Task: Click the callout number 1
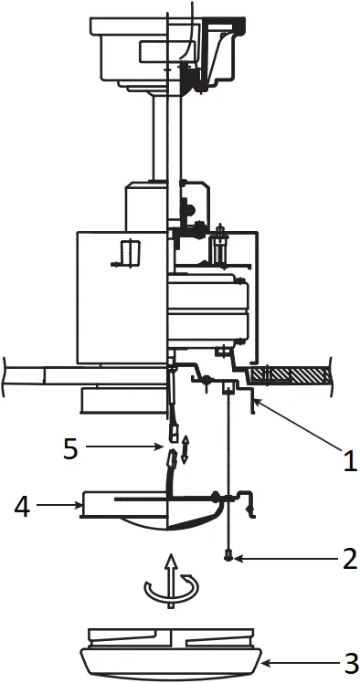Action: (348, 460)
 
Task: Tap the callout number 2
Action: (348, 559)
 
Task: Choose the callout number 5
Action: (71, 447)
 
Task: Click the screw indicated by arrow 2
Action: (227, 554)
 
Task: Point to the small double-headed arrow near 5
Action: (185, 450)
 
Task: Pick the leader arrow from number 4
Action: (58, 503)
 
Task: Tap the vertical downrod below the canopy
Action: (167, 137)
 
